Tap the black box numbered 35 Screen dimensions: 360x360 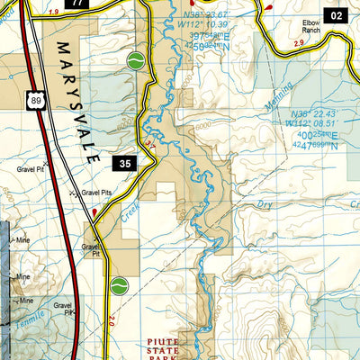tap(125, 163)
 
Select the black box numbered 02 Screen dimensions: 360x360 tap(336, 14)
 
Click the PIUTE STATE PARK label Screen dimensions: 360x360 tap(168, 348)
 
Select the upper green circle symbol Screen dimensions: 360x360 tap(135, 61)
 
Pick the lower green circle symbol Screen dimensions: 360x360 tap(116, 286)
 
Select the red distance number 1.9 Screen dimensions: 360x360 tap(54, 11)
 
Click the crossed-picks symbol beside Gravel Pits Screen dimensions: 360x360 tap(74, 192)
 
